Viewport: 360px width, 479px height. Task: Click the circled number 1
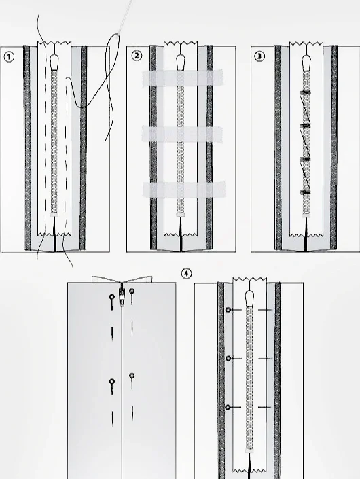[x=9, y=57]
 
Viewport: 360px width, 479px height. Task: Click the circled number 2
[x=137, y=56]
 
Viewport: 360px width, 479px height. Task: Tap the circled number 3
[x=259, y=56]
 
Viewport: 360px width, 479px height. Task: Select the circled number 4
[x=187, y=273]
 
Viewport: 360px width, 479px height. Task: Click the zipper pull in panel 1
[x=54, y=62]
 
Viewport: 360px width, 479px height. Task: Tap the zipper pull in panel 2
[x=181, y=62]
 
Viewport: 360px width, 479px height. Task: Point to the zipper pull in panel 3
[x=306, y=63]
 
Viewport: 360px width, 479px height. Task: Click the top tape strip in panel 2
[x=183, y=77]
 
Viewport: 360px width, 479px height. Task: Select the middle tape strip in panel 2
[x=182, y=134]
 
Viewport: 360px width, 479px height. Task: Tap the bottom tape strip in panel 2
[x=184, y=190]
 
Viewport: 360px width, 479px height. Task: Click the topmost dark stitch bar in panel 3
[x=306, y=92]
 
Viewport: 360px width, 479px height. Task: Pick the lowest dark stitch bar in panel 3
[x=306, y=192]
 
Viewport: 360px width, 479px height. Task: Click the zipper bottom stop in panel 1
[x=54, y=215]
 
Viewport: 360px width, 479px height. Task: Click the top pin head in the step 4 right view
[x=228, y=310]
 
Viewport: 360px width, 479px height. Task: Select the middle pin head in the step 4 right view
[x=228, y=358]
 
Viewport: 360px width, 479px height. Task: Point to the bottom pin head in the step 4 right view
[x=228, y=407]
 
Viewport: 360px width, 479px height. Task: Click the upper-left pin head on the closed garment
[x=112, y=297]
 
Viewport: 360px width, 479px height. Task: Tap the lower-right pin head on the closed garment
[x=132, y=376]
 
